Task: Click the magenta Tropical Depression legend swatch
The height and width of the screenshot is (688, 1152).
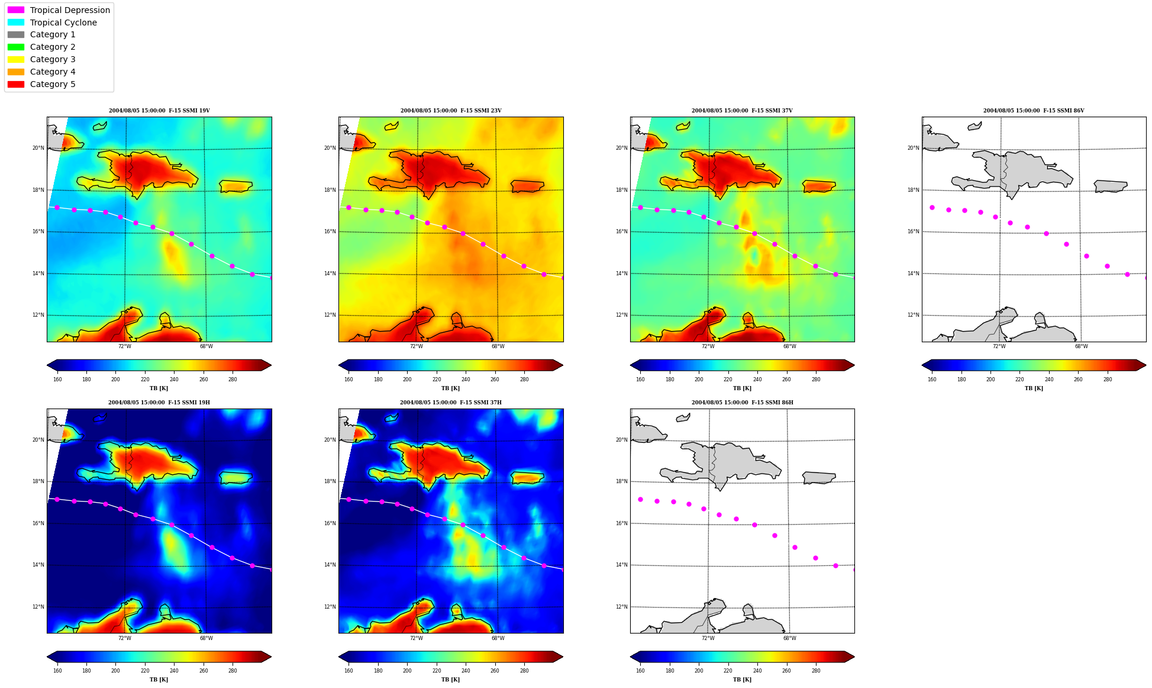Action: click(x=16, y=10)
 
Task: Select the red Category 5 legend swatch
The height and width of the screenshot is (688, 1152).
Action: click(x=16, y=84)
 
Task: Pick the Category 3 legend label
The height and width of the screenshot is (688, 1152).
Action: click(x=53, y=59)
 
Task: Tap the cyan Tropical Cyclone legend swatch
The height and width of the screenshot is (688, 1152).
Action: click(x=16, y=22)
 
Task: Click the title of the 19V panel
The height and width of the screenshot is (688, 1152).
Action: click(x=159, y=111)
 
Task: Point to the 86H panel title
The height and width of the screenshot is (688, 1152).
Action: click(x=743, y=403)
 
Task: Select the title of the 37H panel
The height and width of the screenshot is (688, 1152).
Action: click(x=451, y=403)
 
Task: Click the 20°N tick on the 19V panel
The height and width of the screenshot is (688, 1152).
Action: click(x=38, y=148)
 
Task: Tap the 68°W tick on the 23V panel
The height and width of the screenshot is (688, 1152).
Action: click(x=498, y=346)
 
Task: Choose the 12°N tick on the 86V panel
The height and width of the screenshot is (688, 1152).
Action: click(x=914, y=315)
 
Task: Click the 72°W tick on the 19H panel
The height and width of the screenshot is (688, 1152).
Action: click(x=125, y=638)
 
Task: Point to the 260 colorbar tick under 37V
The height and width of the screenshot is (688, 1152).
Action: click(x=786, y=380)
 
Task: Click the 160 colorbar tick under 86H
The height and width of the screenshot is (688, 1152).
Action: click(x=640, y=671)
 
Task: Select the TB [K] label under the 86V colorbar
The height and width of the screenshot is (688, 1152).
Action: click(x=1034, y=388)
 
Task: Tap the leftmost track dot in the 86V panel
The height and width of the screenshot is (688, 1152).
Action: click(x=932, y=207)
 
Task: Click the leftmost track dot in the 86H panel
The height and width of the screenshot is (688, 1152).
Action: click(x=640, y=499)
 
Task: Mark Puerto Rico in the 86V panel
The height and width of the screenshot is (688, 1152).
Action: click(x=1111, y=187)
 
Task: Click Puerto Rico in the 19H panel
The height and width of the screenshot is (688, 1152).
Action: click(x=236, y=478)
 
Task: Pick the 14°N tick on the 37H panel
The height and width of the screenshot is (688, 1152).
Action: click(x=330, y=565)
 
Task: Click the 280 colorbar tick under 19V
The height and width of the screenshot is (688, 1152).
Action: click(x=233, y=380)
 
